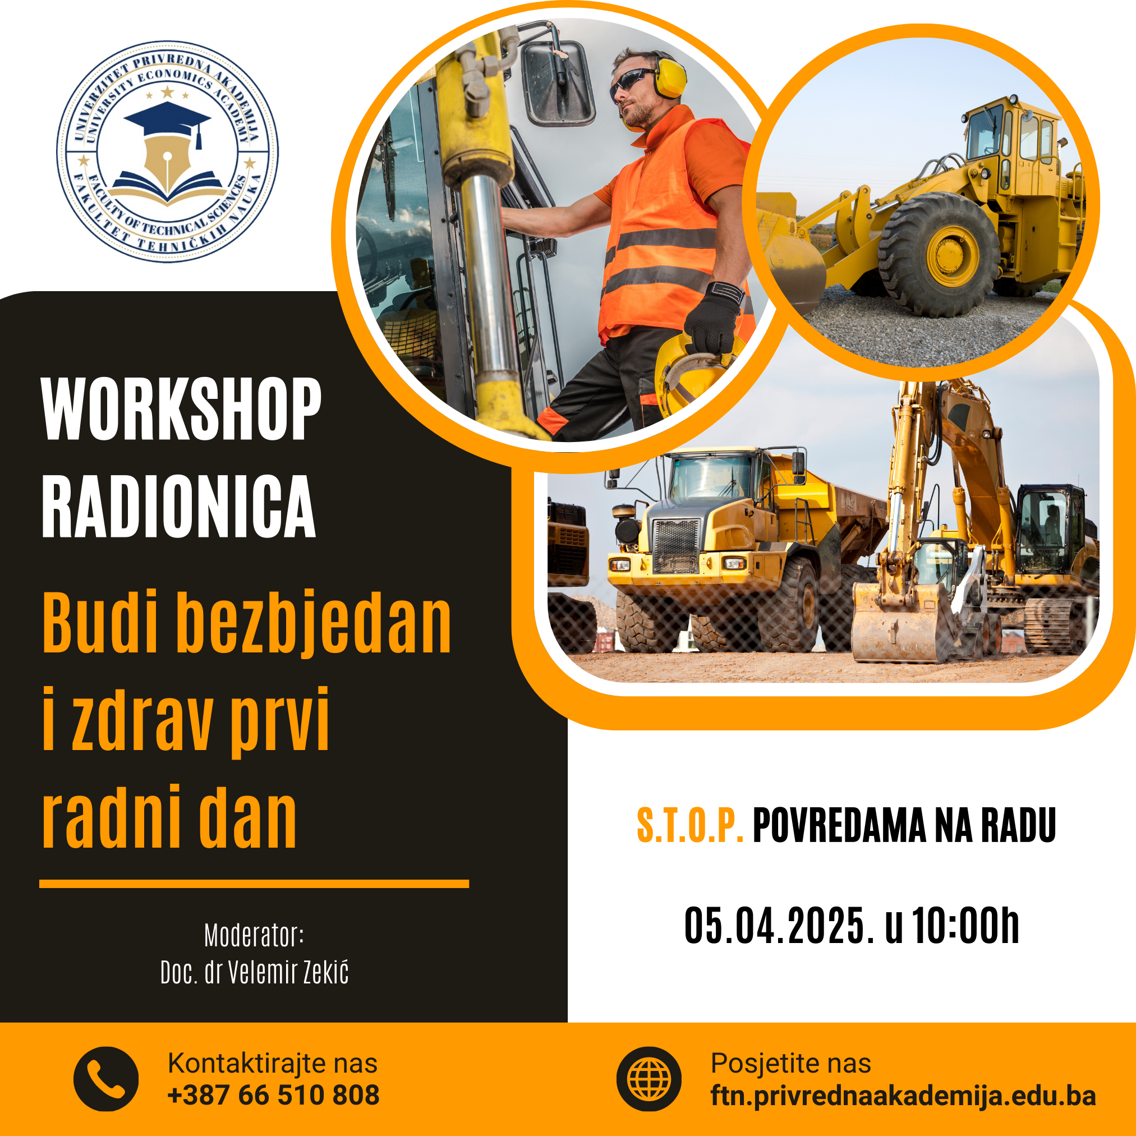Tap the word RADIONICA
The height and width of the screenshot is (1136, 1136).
click(179, 505)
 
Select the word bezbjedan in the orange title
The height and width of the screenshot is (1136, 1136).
click(313, 625)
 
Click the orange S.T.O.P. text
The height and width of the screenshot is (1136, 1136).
click(691, 826)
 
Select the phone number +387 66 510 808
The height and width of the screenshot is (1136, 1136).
click(273, 1096)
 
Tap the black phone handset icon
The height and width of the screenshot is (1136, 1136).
click(106, 1079)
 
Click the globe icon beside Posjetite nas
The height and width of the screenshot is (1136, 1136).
click(649, 1079)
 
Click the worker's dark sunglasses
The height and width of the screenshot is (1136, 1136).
click(632, 81)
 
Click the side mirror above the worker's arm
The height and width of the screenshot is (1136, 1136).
click(558, 82)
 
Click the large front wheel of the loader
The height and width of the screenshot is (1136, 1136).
click(939, 254)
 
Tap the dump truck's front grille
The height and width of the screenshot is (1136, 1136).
click(676, 546)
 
